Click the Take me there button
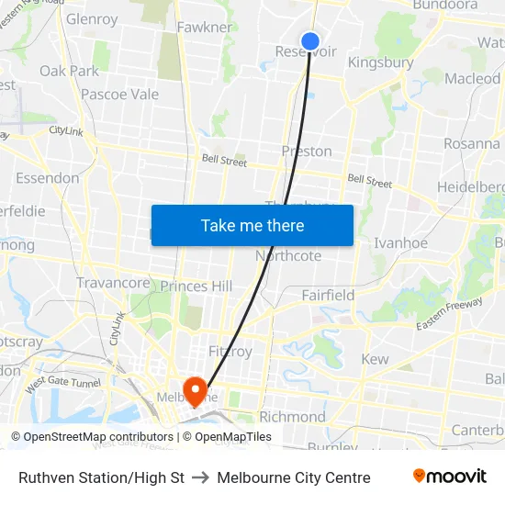coord(252,225)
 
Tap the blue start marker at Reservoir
coord(310,41)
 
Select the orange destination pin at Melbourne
coord(196,391)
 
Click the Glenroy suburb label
coord(92,19)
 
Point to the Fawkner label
coord(205,28)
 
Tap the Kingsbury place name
coord(381,63)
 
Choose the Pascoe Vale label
coord(119,94)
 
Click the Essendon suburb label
coord(47,177)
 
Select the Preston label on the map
coord(307,151)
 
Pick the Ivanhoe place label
coord(400,242)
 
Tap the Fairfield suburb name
coord(328,295)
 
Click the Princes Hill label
coord(196,286)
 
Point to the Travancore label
coord(113,283)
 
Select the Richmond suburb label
coord(292,416)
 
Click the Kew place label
coord(375,359)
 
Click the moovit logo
coord(449,477)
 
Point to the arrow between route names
coord(199,477)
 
